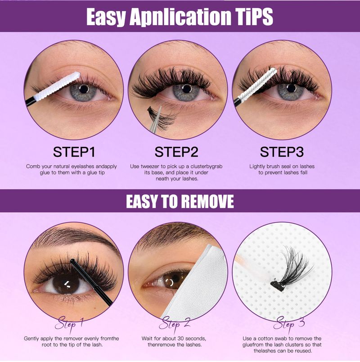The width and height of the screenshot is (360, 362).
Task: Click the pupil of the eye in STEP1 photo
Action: tap(83, 89)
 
